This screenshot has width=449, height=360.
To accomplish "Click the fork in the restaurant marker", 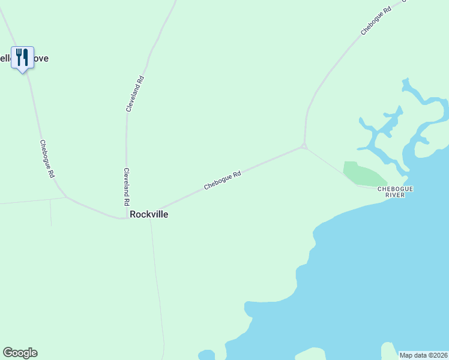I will [x=19, y=57].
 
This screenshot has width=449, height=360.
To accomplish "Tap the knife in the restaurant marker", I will [x=26, y=57].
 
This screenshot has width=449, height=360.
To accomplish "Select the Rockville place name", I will [x=149, y=214].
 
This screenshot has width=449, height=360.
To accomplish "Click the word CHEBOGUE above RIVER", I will [x=395, y=188].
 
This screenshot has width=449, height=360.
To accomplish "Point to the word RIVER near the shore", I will [x=396, y=195].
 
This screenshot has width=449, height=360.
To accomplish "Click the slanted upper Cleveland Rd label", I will [x=135, y=94].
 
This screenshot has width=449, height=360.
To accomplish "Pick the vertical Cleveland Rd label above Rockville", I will [x=127, y=187].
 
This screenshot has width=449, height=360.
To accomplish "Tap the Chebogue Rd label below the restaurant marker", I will [x=47, y=159].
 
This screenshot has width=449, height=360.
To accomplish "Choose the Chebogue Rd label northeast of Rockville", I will [x=222, y=181].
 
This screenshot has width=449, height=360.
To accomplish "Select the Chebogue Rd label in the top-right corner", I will [x=376, y=20].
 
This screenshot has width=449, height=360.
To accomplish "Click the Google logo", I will [x=20, y=353].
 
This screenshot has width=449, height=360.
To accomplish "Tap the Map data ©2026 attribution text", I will [x=423, y=355].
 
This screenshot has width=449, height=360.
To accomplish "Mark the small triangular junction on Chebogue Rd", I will [x=304, y=146].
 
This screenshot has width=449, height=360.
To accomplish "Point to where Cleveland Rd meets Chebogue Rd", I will [x=127, y=218].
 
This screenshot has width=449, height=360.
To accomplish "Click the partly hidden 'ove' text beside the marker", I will [x=41, y=58].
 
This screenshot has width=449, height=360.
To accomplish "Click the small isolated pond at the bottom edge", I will [x=206, y=355].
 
